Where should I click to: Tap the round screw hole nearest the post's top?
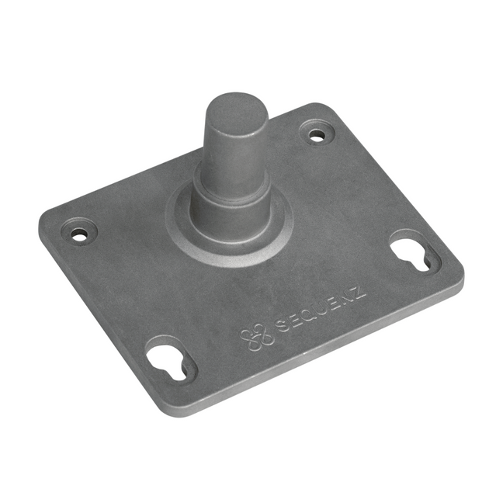click(317, 134)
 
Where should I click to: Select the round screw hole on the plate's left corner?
click(80, 233)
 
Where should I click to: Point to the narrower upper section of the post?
click(234, 147)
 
